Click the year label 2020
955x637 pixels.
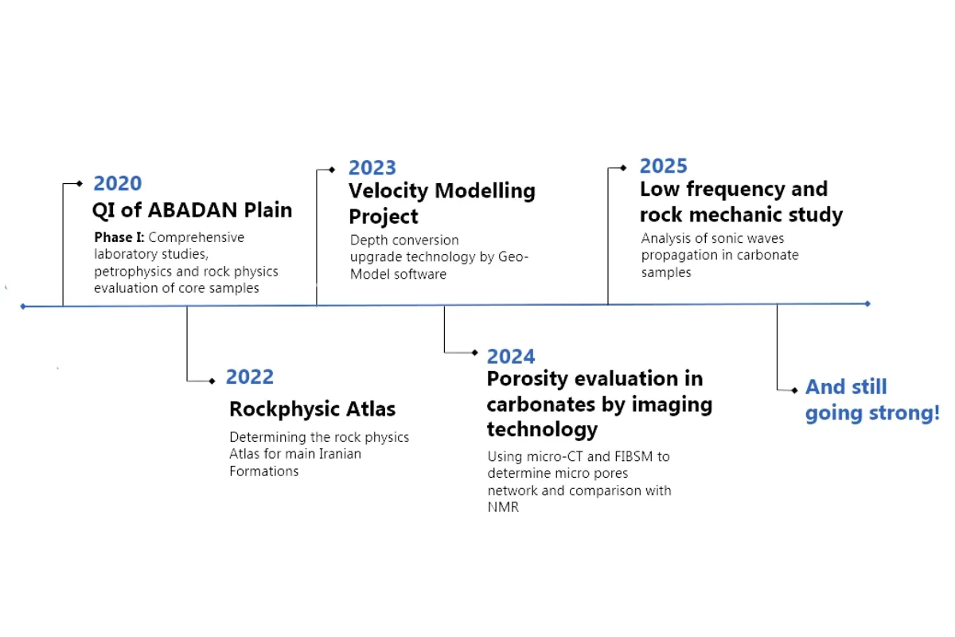(x=118, y=183)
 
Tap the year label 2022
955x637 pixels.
(x=250, y=377)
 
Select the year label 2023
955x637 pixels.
(x=372, y=168)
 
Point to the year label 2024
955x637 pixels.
(x=511, y=357)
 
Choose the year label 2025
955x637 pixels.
(x=664, y=166)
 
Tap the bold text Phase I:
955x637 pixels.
(x=119, y=237)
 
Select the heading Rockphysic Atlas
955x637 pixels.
(x=313, y=408)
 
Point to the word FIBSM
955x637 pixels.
(x=633, y=456)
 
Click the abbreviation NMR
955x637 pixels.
(x=503, y=507)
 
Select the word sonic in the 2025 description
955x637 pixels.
(x=726, y=238)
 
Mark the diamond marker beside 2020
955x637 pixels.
(x=80, y=183)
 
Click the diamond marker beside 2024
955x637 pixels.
(x=474, y=353)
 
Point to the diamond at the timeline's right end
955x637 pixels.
(x=867, y=304)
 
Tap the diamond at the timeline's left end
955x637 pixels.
(x=23, y=307)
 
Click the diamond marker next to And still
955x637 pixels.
(x=794, y=390)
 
